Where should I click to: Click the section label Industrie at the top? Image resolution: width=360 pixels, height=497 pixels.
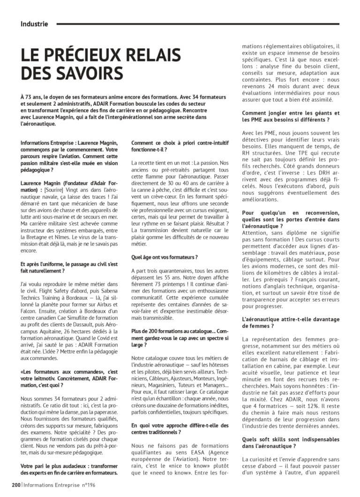[x=34, y=23]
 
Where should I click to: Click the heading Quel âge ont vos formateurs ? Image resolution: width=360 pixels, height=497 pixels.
[x=164, y=257]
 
